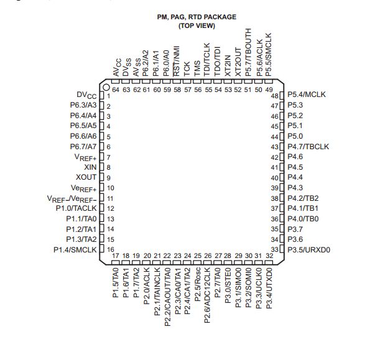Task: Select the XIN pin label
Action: click(90, 167)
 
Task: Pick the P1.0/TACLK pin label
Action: click(76, 208)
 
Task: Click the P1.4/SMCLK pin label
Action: click(75, 249)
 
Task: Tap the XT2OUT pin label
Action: click(238, 60)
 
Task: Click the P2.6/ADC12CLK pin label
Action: click(208, 290)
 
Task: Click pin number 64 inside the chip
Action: click(116, 90)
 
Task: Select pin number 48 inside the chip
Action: click(273, 96)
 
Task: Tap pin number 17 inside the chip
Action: click(116, 256)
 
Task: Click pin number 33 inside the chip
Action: click(273, 249)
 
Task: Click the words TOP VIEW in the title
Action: click(197, 26)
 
